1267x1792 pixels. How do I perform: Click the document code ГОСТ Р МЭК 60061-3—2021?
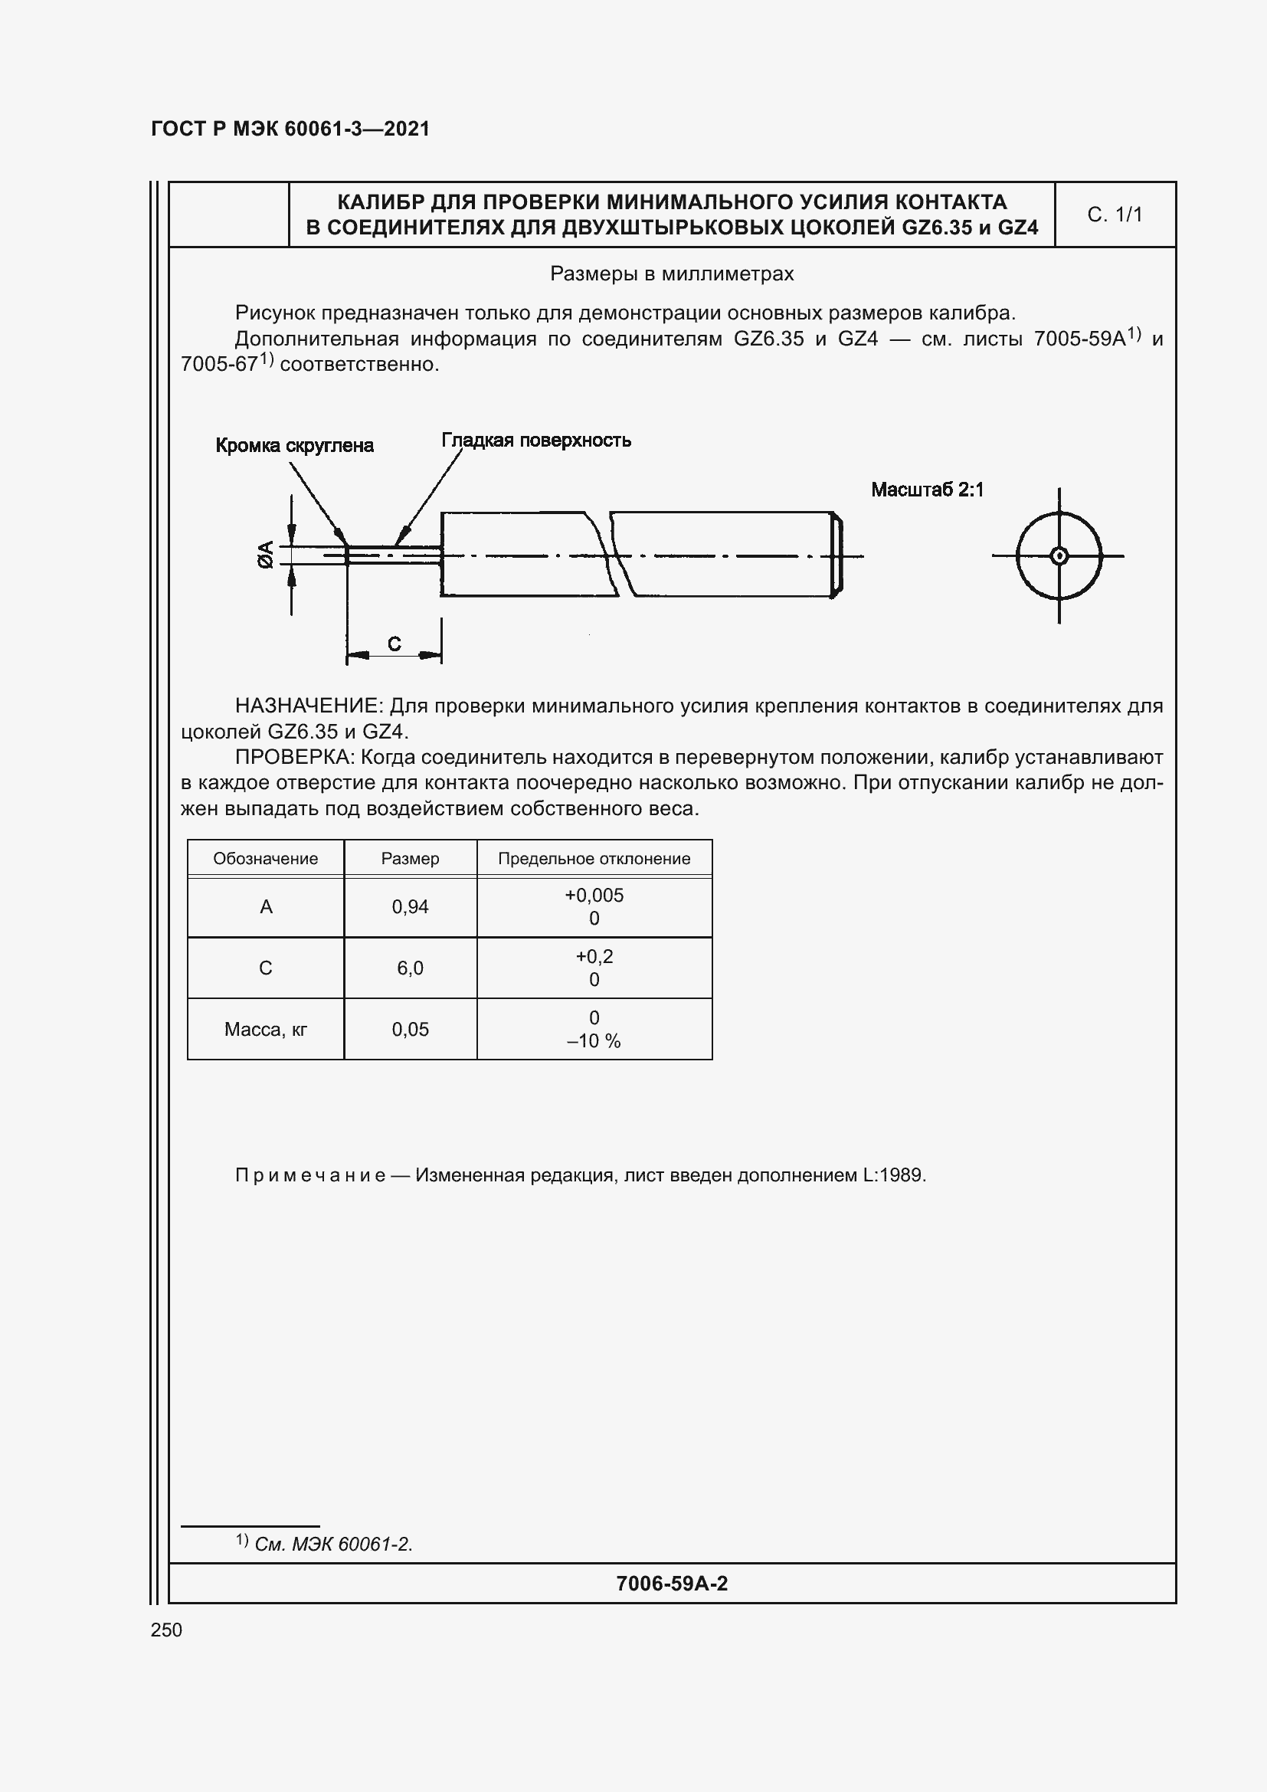[290, 129]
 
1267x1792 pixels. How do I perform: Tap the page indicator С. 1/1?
[1114, 215]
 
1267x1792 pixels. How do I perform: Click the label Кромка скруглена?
[294, 446]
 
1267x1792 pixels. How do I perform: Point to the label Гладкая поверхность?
[536, 441]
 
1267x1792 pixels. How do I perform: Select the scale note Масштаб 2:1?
[927, 490]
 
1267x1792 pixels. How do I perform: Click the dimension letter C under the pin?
[394, 644]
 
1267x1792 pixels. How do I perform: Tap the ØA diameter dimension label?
[266, 554]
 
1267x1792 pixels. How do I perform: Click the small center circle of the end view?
[1059, 556]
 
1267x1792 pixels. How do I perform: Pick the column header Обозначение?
[265, 859]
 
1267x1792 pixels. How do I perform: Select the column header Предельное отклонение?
[594, 859]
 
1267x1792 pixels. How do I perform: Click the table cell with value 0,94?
[410, 907]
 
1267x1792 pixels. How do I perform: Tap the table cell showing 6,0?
[410, 968]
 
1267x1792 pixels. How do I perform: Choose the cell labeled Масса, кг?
[265, 1030]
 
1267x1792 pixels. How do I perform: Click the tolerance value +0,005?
[594, 895]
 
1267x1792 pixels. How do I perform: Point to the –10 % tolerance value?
[594, 1041]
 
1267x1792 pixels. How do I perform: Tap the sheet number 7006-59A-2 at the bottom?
[671, 1584]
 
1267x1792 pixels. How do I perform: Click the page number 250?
[166, 1630]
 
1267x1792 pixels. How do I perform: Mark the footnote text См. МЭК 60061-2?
[333, 1544]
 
